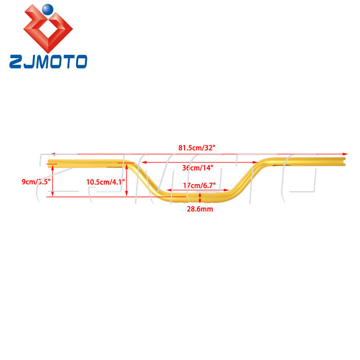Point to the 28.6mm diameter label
[x=200, y=209]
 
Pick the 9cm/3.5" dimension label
[x=35, y=181]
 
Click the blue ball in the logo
[x=47, y=9]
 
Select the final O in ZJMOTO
[x=80, y=62]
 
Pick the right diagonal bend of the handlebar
[x=247, y=177]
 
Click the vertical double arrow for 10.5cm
[x=127, y=179]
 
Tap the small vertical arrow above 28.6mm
[x=200, y=197]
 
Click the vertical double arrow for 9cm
[x=51, y=180]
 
